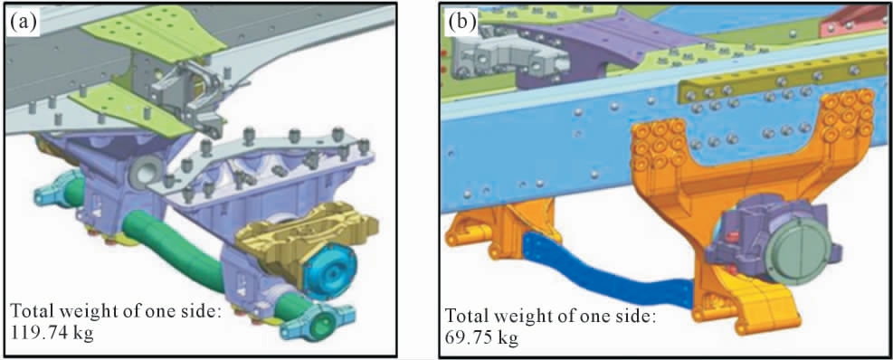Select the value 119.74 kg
(x=52, y=331)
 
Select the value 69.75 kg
(x=481, y=338)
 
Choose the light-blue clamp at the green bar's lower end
(x=318, y=323)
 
